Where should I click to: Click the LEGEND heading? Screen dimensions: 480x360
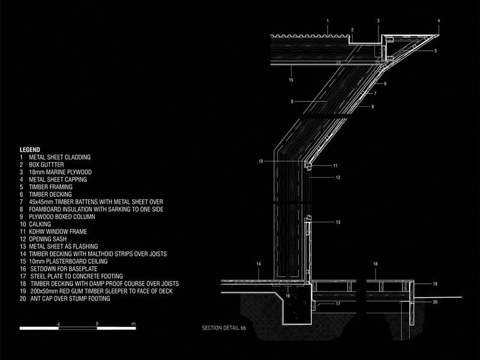click(29, 149)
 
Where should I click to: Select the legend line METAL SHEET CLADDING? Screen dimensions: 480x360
click(59, 157)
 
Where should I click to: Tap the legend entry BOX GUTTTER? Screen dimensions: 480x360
click(47, 164)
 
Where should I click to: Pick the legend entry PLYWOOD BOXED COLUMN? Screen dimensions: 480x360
click(62, 217)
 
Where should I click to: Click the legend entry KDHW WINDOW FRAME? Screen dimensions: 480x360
click(58, 232)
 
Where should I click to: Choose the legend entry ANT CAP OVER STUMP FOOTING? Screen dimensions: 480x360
click(70, 298)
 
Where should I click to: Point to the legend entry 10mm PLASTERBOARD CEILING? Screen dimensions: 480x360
click(68, 262)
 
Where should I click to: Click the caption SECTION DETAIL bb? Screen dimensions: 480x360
click(224, 328)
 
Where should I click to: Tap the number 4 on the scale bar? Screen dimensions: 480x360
click(58, 324)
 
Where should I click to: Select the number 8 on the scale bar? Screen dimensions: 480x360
click(97, 323)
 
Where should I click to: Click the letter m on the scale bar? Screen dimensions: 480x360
click(133, 324)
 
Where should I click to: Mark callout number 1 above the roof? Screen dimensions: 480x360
click(328, 21)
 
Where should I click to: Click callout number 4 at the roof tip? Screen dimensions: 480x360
click(439, 21)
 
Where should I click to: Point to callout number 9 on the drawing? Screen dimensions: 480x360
click(292, 101)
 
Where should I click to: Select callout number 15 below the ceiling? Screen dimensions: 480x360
click(291, 80)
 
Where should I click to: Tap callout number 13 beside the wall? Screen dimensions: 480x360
click(338, 222)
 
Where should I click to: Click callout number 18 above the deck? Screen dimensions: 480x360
click(376, 264)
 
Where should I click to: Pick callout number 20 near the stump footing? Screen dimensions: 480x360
click(436, 302)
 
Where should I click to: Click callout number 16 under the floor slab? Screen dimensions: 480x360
click(288, 296)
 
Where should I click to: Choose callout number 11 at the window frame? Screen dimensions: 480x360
click(335, 166)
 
